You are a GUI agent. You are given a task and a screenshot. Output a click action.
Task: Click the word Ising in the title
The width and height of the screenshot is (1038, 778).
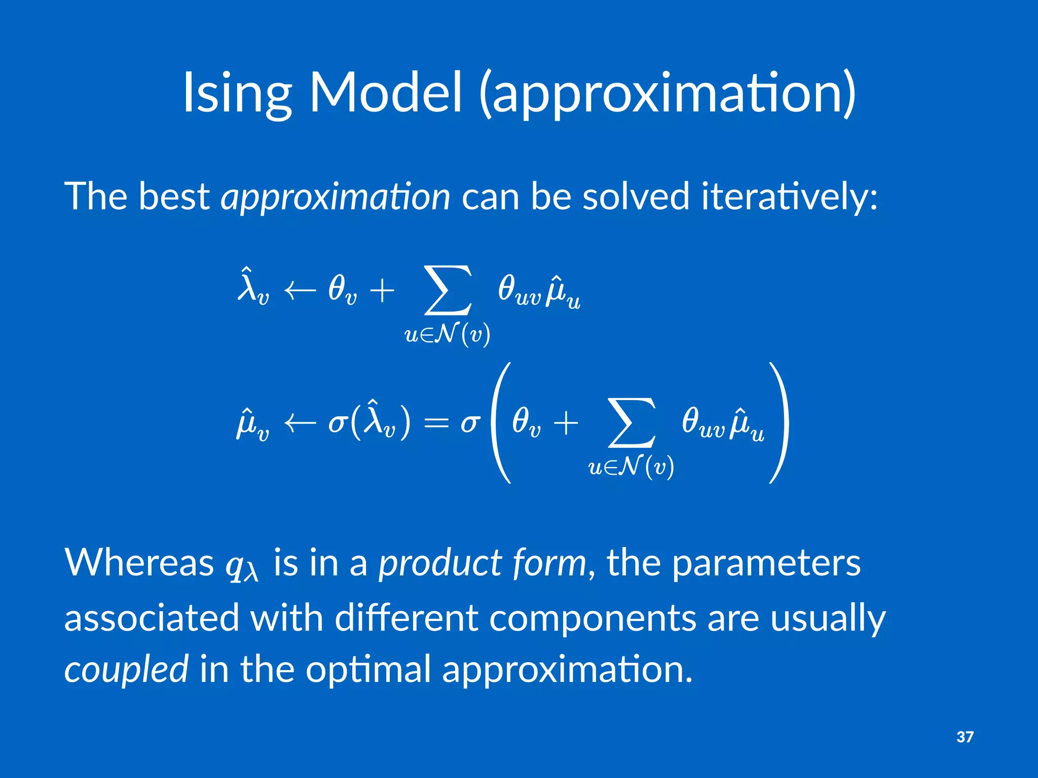(237, 94)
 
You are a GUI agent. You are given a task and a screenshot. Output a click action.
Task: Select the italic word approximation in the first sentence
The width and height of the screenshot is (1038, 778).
(335, 197)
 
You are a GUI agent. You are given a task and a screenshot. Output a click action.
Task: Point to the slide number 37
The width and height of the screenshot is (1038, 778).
(965, 737)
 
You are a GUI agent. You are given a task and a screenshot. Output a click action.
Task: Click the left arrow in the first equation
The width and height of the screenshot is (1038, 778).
(300, 291)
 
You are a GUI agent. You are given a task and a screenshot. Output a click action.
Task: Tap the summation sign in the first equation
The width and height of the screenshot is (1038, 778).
(448, 291)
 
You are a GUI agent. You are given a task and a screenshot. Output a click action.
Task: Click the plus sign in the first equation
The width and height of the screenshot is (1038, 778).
(382, 291)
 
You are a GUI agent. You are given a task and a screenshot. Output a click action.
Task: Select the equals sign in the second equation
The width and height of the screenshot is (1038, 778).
(436, 423)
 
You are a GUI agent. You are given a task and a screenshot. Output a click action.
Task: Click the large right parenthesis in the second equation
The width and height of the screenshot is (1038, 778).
(780, 423)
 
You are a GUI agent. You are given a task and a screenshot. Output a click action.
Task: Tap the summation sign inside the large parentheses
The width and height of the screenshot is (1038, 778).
(632, 423)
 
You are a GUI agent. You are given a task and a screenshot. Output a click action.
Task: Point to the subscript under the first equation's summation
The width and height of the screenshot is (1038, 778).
(447, 335)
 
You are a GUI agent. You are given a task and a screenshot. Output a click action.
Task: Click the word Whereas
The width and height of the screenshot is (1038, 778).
(139, 563)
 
